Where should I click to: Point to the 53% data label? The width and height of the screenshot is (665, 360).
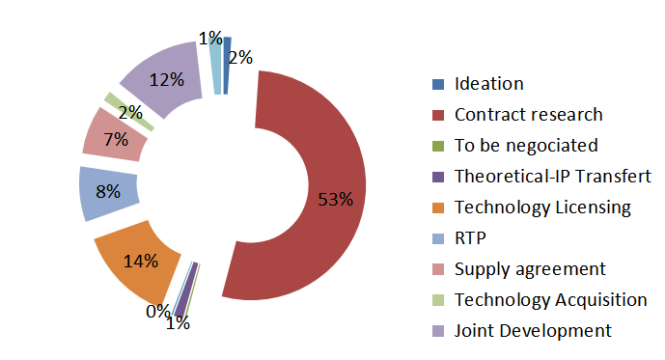(x=336, y=200)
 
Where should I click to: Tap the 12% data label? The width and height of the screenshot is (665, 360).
(x=166, y=80)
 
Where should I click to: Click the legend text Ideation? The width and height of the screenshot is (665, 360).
(x=488, y=84)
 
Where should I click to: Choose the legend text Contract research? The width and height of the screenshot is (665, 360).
(x=528, y=115)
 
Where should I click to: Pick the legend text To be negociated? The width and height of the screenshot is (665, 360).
(x=526, y=146)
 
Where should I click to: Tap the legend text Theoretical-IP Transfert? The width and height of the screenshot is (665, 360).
(x=552, y=177)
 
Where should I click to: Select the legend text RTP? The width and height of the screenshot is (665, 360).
(x=470, y=237)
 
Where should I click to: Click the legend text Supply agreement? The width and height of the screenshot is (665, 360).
(x=530, y=268)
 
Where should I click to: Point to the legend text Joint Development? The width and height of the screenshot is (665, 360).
(x=533, y=330)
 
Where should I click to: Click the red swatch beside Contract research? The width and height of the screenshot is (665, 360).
(x=437, y=115)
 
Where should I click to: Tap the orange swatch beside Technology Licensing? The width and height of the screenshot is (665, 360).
(x=437, y=208)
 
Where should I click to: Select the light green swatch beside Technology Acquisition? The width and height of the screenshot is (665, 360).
(x=437, y=299)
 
